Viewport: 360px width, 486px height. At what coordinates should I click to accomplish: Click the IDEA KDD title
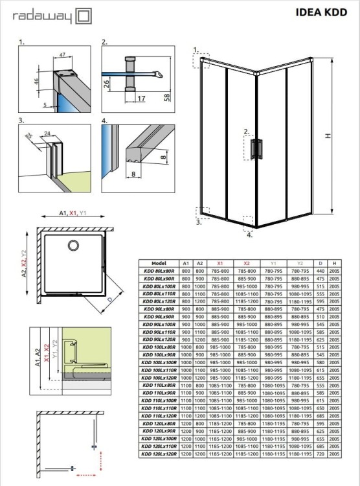322,12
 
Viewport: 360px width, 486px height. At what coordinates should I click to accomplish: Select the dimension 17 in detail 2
142,99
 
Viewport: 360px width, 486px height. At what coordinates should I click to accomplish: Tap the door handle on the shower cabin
260,148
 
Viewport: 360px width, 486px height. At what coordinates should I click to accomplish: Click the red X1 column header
220,263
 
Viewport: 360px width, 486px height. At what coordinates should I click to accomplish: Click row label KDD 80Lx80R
159,272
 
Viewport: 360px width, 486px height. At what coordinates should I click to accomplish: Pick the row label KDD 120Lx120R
159,454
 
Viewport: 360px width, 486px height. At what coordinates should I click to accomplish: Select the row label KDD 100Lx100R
159,363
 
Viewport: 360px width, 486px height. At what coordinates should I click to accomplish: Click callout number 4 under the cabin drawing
249,235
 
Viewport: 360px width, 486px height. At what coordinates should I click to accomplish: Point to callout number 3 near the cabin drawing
197,222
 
